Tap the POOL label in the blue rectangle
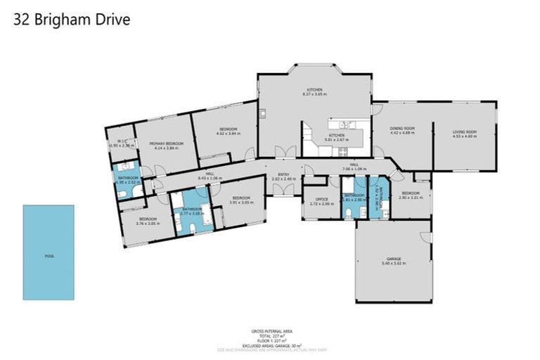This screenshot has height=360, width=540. click(49, 256)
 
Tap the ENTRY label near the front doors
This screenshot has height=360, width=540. click(283, 174)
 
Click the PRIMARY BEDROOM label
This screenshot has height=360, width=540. click(166, 143)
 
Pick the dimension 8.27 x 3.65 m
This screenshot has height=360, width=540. click(314, 94)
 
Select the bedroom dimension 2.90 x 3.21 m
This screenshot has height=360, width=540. click(409, 198)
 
